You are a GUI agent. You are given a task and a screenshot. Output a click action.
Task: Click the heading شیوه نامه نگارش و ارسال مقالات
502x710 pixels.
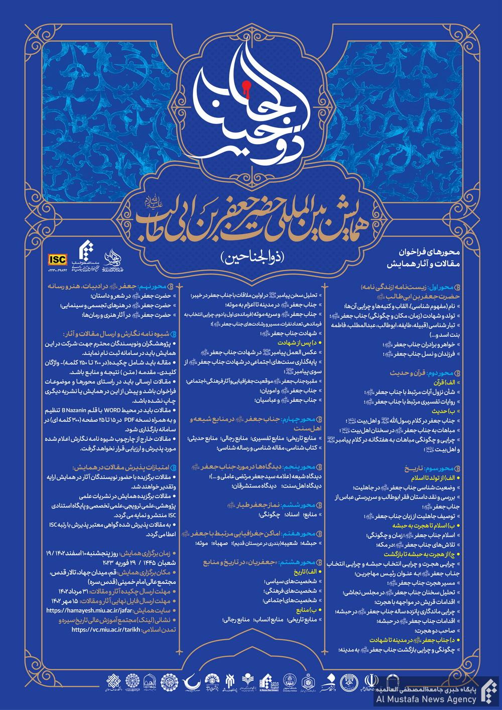(x=120, y=334)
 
